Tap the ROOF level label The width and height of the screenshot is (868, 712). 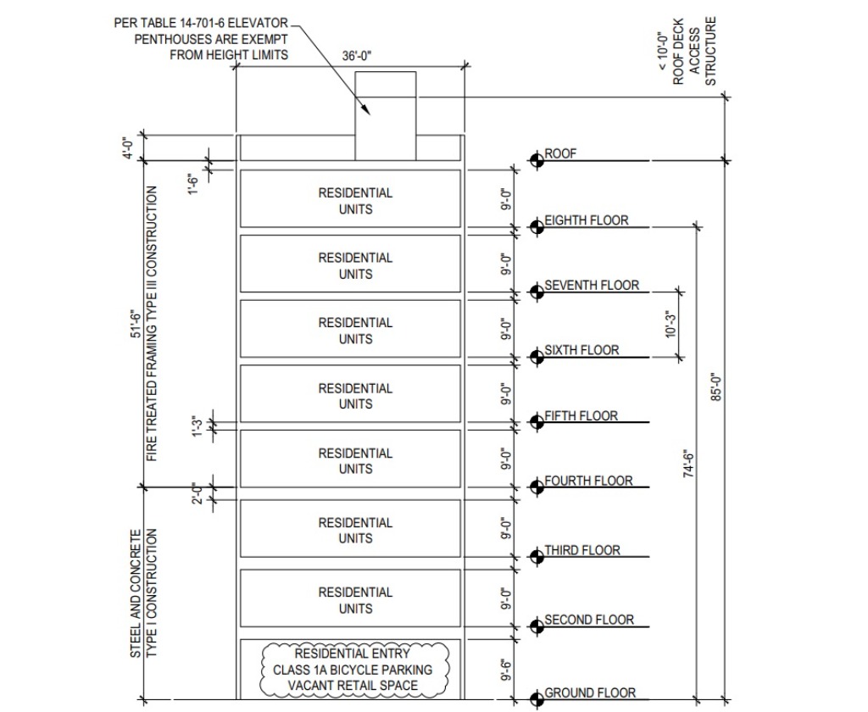[560, 153]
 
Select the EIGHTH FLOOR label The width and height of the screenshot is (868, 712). [587, 220]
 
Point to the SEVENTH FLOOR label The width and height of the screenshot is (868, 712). [592, 286]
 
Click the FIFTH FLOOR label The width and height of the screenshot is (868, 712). [581, 416]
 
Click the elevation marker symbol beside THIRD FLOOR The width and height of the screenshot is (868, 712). [536, 556]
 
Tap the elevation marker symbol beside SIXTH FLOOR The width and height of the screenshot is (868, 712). [536, 356]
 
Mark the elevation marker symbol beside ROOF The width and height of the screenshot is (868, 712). [536, 160]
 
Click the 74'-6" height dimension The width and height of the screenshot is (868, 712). [688, 464]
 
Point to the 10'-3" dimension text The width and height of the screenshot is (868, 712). [672, 325]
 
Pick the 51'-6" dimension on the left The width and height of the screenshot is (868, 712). [134, 325]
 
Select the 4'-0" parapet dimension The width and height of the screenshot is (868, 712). [129, 147]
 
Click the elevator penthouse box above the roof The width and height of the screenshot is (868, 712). [385, 115]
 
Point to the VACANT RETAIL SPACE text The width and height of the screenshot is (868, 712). [352, 685]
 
